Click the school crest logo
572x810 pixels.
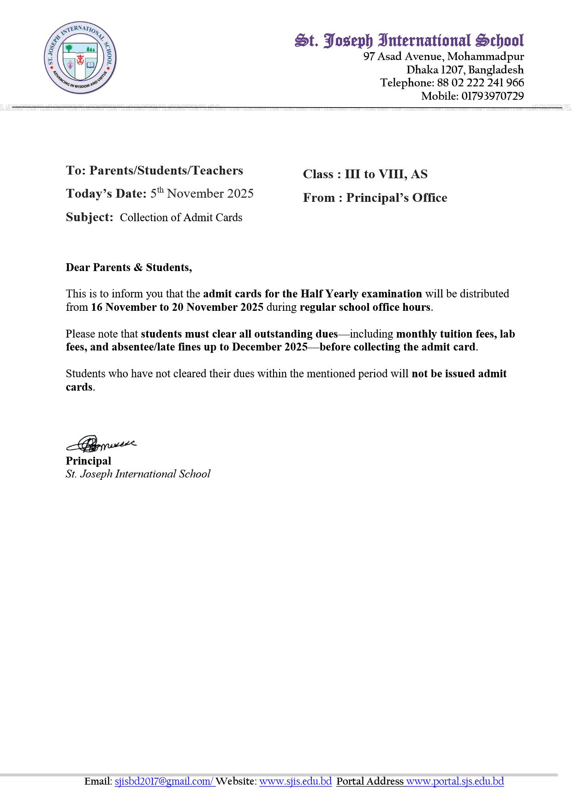pos(80,58)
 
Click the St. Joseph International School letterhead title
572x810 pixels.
pos(409,41)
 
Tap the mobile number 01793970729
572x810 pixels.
pos(492,96)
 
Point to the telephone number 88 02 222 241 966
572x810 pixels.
pos(480,83)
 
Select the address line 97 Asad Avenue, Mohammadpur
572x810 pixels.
pos(443,56)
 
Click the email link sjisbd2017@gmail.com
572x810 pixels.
pos(164,781)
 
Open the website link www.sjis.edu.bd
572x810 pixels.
pos(295,781)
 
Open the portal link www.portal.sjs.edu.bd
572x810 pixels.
pos(455,781)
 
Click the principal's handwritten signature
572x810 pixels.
pos(101,444)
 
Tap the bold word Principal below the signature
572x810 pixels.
pos(89,461)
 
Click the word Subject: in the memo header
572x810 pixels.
pos(89,217)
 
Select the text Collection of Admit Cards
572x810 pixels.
pos(181,218)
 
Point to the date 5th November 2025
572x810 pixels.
pos(202,193)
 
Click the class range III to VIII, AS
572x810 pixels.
pos(386,174)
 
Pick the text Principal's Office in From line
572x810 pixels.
pos(397,198)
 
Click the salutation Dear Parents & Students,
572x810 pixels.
pos(129,267)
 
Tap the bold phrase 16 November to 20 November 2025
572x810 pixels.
pos(177,307)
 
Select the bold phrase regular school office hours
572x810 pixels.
pos(365,307)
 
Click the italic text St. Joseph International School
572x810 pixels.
pos(138,474)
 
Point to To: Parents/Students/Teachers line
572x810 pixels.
pos(154,170)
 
